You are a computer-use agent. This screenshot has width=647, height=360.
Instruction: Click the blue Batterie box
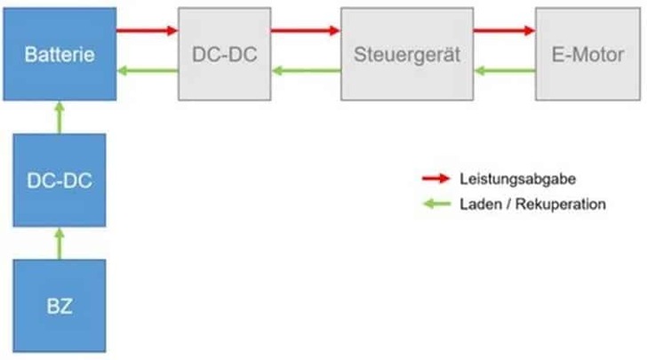tap(59, 53)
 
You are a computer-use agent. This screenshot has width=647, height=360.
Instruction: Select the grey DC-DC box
tap(224, 53)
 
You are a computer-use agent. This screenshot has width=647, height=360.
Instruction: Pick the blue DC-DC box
tap(59, 180)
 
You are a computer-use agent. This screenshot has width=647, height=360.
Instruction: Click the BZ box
tap(59, 306)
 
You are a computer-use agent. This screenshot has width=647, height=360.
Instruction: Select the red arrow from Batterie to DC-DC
tap(148, 29)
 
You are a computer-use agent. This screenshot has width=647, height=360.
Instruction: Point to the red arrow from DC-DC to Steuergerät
tap(306, 29)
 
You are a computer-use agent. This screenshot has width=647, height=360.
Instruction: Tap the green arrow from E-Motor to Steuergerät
tap(504, 71)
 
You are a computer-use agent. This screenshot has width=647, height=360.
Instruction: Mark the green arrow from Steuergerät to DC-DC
tap(306, 71)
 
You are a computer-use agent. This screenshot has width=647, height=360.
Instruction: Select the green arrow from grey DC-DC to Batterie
tap(148, 71)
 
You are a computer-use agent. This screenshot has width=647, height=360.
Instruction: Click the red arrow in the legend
tap(436, 180)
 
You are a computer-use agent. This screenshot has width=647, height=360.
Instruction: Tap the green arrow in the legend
tap(436, 204)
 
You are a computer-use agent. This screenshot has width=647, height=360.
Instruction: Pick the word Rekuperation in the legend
tap(565, 204)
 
